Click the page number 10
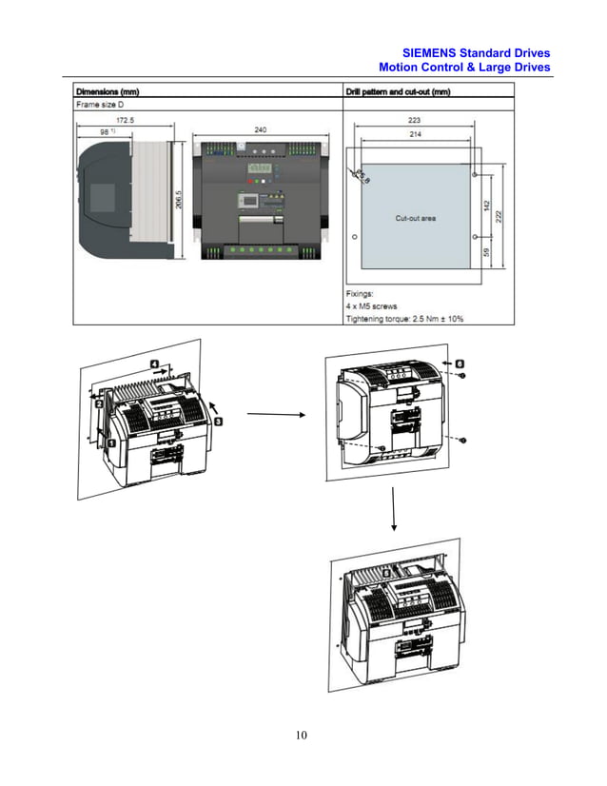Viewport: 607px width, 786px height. pyautogui.click(x=303, y=734)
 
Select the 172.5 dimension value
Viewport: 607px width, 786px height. pyautogui.click(x=125, y=120)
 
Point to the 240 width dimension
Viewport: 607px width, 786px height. pyautogui.click(x=260, y=128)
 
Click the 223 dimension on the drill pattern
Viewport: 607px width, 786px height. pyautogui.click(x=414, y=121)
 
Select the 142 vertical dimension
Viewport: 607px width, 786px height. pyautogui.click(x=485, y=204)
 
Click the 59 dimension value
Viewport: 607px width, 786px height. pyautogui.click(x=485, y=253)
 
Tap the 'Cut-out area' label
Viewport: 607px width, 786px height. pyautogui.click(x=415, y=218)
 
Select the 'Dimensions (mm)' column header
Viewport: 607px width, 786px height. pyautogui.click(x=108, y=91)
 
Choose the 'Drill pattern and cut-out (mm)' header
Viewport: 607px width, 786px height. pyautogui.click(x=398, y=91)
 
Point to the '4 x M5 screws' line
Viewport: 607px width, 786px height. pyautogui.click(x=377, y=307)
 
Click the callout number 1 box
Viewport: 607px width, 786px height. pyautogui.click(x=110, y=442)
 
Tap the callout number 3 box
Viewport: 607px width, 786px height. pyautogui.click(x=218, y=420)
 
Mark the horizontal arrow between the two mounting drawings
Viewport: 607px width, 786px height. pyautogui.click(x=274, y=414)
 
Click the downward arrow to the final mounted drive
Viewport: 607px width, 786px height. pyautogui.click(x=393, y=513)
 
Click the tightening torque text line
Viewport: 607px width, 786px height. pyautogui.click(x=404, y=319)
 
